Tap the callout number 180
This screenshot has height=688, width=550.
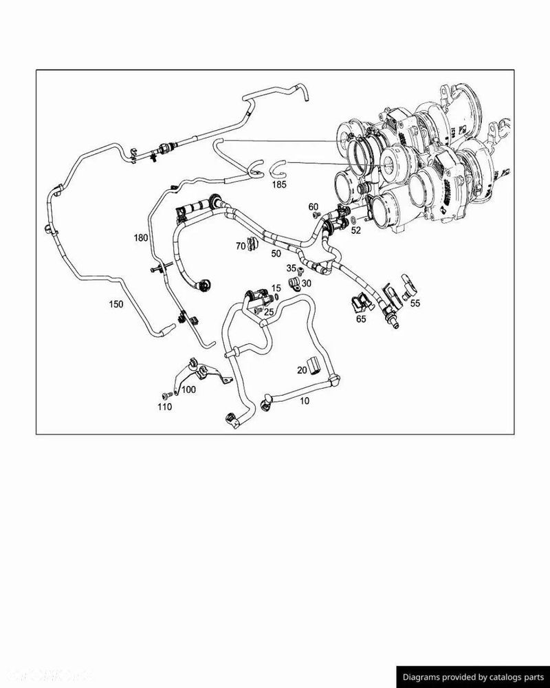click(141, 237)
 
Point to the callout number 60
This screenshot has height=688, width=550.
click(313, 206)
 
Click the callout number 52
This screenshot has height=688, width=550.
click(355, 230)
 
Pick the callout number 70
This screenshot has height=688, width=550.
click(241, 246)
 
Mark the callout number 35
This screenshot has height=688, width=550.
click(291, 268)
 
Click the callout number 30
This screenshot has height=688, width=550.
click(306, 283)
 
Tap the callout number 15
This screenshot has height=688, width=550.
click(276, 288)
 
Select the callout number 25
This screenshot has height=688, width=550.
click(269, 312)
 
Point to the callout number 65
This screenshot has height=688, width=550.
click(361, 319)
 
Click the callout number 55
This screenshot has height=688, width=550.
click(415, 302)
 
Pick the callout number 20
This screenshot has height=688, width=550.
click(302, 369)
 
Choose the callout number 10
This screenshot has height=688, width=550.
click(305, 400)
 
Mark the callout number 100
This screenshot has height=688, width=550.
click(188, 389)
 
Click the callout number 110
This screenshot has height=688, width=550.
click(164, 407)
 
